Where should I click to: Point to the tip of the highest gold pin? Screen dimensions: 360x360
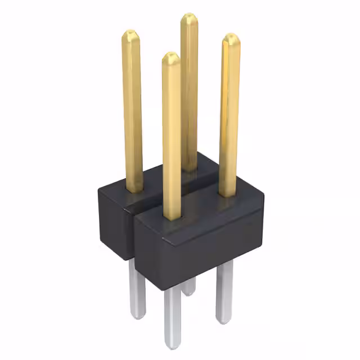189,16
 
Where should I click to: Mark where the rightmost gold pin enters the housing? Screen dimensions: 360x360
227,195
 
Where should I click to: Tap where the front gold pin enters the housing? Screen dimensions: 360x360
172,217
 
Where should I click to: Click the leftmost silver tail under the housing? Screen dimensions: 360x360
137,287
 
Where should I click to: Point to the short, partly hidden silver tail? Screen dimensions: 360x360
189,287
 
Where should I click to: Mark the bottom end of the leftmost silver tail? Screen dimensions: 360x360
138,317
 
